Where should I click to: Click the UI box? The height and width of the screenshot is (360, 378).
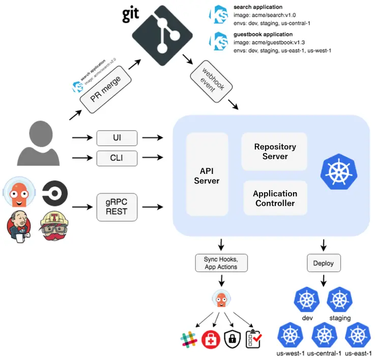click(x=117, y=137)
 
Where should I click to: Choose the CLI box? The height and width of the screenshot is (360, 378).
click(x=117, y=159)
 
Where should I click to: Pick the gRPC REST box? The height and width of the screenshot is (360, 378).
click(x=117, y=206)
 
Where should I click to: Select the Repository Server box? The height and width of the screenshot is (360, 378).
click(x=275, y=152)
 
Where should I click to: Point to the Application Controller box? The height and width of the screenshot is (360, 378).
click(x=275, y=199)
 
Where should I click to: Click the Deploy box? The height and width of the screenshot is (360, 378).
click(x=324, y=263)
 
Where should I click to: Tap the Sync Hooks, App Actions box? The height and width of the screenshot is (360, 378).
click(x=221, y=263)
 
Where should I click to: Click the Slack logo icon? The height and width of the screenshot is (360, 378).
click(x=188, y=339)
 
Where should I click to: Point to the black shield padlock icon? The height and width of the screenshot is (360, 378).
click(x=232, y=339)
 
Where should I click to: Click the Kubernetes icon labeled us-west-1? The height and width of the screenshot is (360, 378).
click(x=290, y=336)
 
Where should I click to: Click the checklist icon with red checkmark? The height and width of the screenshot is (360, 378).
click(x=254, y=339)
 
